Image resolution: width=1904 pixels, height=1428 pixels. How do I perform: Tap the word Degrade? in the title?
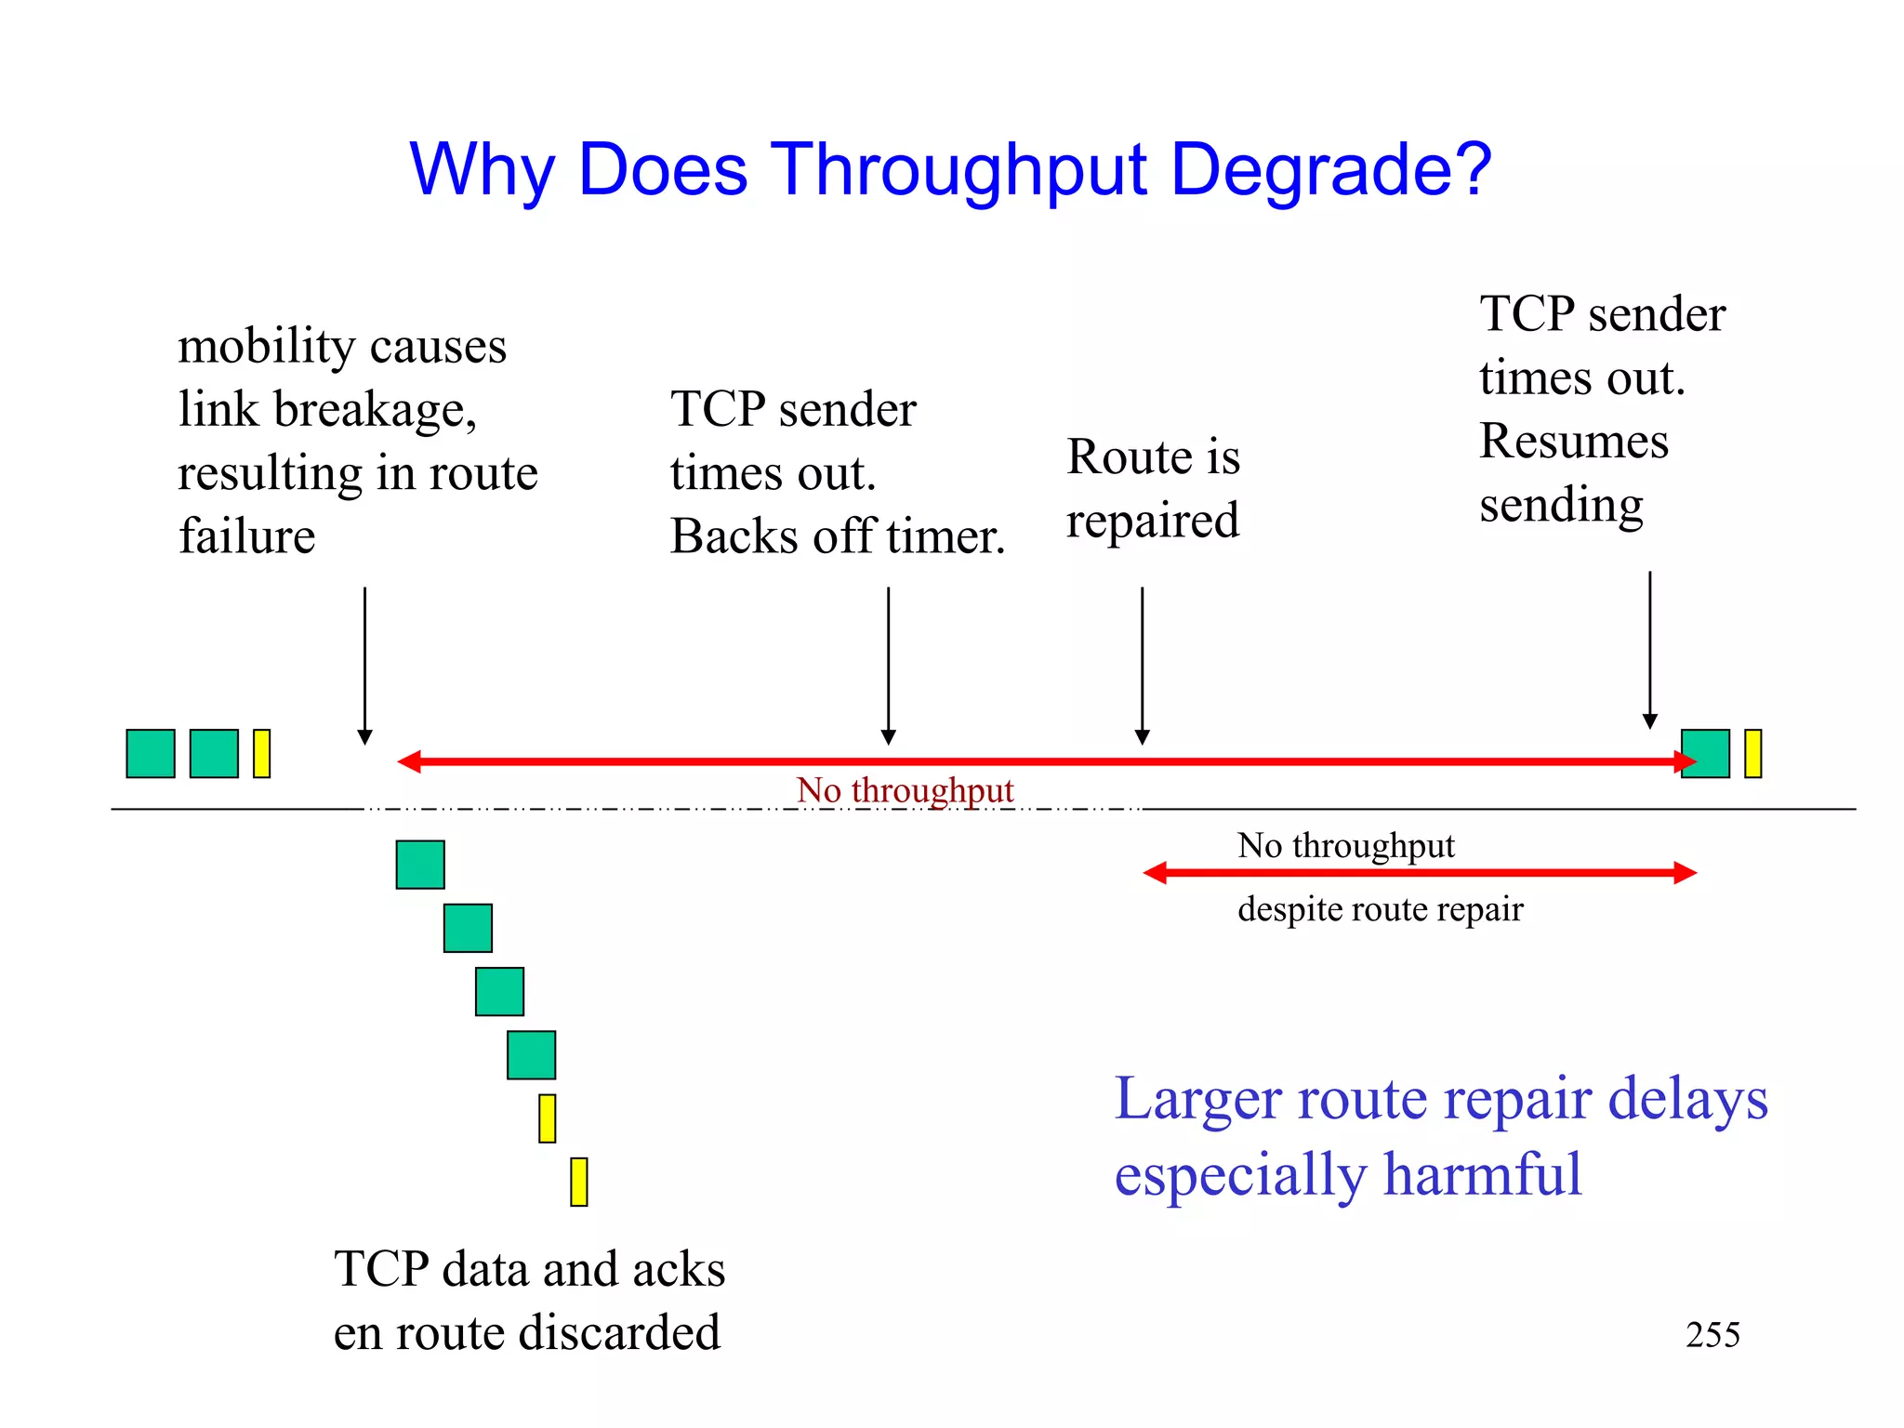(1331, 170)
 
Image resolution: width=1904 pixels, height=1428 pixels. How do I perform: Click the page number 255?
(1712, 1335)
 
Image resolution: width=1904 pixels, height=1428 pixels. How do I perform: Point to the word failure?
(247, 536)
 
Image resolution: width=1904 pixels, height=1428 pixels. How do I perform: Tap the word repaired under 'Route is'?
(1153, 521)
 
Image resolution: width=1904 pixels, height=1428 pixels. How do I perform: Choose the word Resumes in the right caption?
(1574, 441)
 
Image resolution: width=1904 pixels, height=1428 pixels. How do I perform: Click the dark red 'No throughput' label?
(905, 790)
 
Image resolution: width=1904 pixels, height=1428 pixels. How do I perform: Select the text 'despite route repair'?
(1381, 908)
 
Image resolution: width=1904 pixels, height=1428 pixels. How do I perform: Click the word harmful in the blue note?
(1482, 1174)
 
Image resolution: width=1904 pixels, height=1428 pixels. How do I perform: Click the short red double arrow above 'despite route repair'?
(1420, 873)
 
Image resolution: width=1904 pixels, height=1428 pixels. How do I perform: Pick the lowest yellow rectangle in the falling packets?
(579, 1182)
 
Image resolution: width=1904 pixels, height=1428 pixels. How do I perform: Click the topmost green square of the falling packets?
(420, 865)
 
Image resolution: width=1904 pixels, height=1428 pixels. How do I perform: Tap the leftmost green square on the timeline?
(151, 753)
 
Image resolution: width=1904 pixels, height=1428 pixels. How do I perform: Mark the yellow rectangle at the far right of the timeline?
(1752, 753)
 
